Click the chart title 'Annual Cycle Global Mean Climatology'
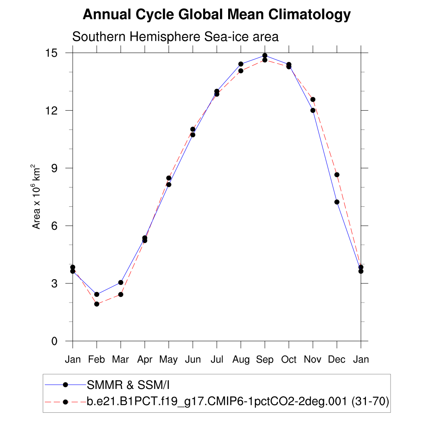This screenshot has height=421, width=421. [217, 15]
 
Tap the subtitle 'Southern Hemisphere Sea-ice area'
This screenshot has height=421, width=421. [175, 37]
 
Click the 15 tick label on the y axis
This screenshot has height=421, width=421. [53, 53]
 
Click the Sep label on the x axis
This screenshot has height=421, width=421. [265, 360]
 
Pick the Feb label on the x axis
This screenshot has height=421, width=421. [97, 360]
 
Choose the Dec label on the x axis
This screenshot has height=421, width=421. [337, 360]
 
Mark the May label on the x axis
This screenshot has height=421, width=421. [169, 360]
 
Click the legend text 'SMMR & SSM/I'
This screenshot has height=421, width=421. [128, 385]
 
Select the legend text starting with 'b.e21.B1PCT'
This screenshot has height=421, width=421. [238, 402]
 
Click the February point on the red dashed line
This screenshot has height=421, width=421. [97, 304]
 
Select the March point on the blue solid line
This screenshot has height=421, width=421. [121, 282]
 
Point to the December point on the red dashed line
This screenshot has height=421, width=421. [337, 175]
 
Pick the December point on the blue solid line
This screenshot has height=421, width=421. [337, 202]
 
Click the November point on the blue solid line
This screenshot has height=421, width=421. [313, 110]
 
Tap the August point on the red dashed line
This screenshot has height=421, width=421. [241, 71]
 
